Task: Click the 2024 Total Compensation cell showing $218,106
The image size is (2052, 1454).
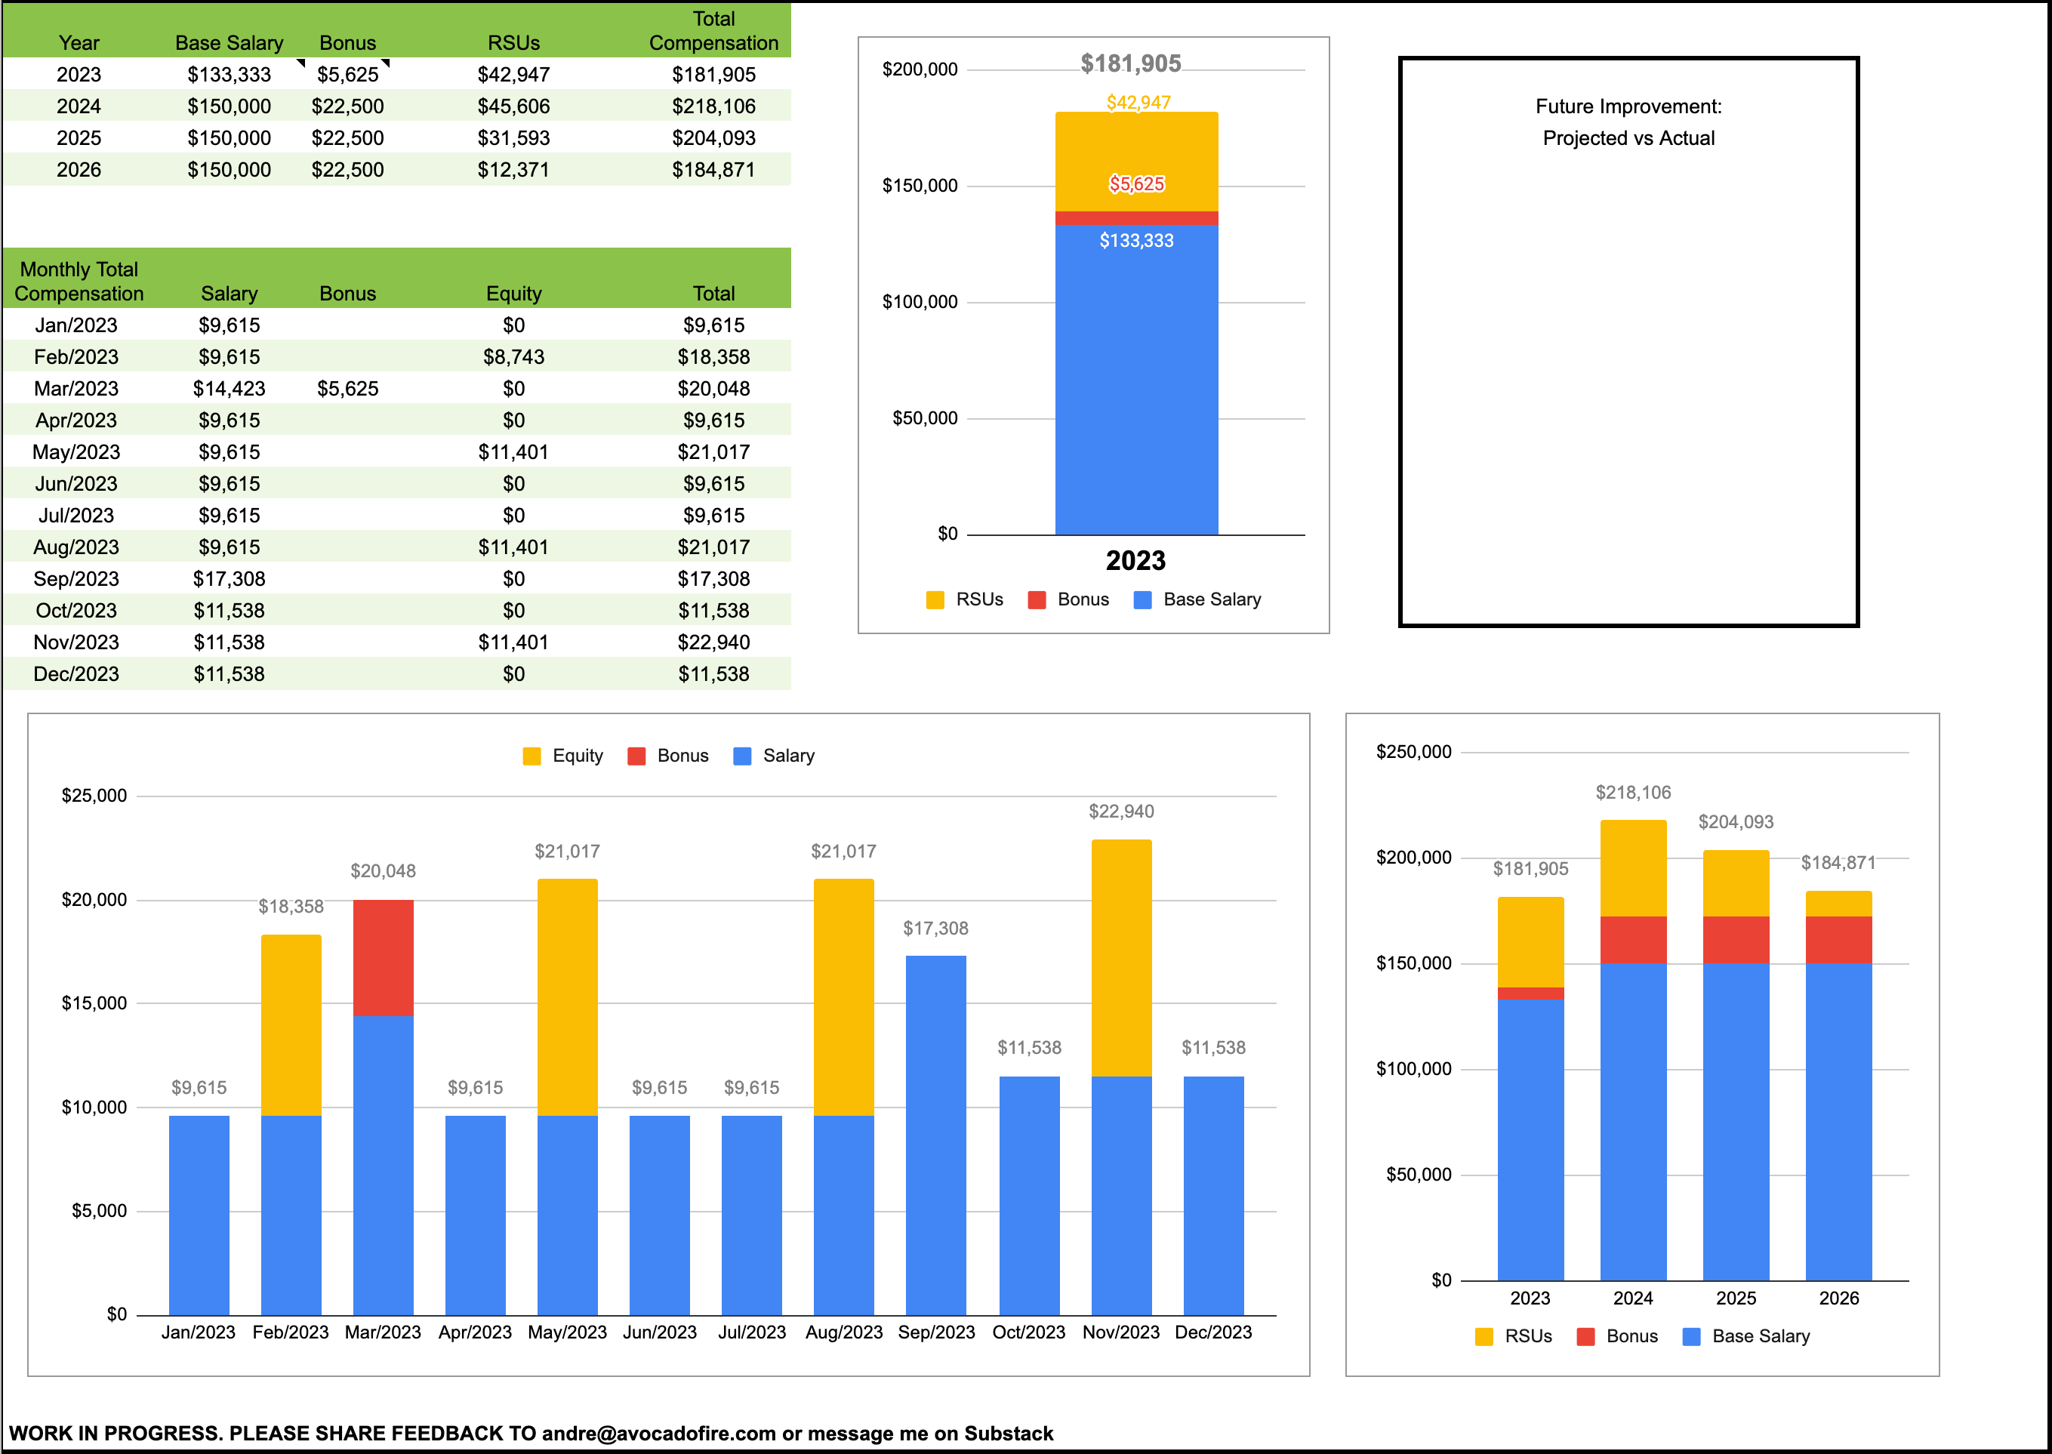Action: [x=713, y=106]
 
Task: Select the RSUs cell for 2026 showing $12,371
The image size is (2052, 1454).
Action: [x=513, y=170]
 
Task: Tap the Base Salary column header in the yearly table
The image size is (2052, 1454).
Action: [x=230, y=43]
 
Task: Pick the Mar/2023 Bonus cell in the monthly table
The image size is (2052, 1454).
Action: [x=347, y=389]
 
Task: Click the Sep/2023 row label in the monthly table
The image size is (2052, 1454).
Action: [x=76, y=579]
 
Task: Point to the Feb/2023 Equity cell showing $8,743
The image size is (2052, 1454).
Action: [x=513, y=357]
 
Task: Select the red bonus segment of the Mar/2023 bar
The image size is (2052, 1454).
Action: [x=384, y=958]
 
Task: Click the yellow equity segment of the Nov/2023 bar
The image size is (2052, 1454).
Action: [x=1121, y=958]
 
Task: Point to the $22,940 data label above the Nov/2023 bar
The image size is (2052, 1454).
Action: [x=1121, y=811]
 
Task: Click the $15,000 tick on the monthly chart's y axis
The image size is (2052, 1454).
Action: [x=94, y=1003]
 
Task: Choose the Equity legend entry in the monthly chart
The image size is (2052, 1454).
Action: [x=563, y=756]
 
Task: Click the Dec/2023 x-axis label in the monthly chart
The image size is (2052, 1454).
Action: [x=1213, y=1332]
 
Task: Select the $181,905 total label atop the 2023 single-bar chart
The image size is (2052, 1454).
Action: [x=1131, y=63]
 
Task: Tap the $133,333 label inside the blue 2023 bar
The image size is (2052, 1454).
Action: [x=1136, y=241]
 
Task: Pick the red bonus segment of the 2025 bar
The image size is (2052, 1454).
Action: [x=1735, y=939]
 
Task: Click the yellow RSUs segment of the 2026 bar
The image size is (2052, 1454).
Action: [x=1838, y=904]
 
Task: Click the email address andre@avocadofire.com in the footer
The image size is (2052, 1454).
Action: [x=659, y=1434]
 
